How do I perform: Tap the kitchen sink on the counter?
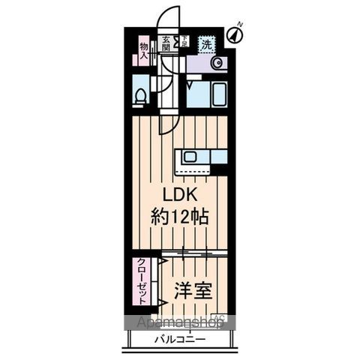pyautogui.click(x=190, y=157)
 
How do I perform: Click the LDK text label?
pyautogui.click(x=177, y=194)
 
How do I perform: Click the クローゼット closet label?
pyautogui.click(x=141, y=281)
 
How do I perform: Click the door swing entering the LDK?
pyautogui.click(x=169, y=120)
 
